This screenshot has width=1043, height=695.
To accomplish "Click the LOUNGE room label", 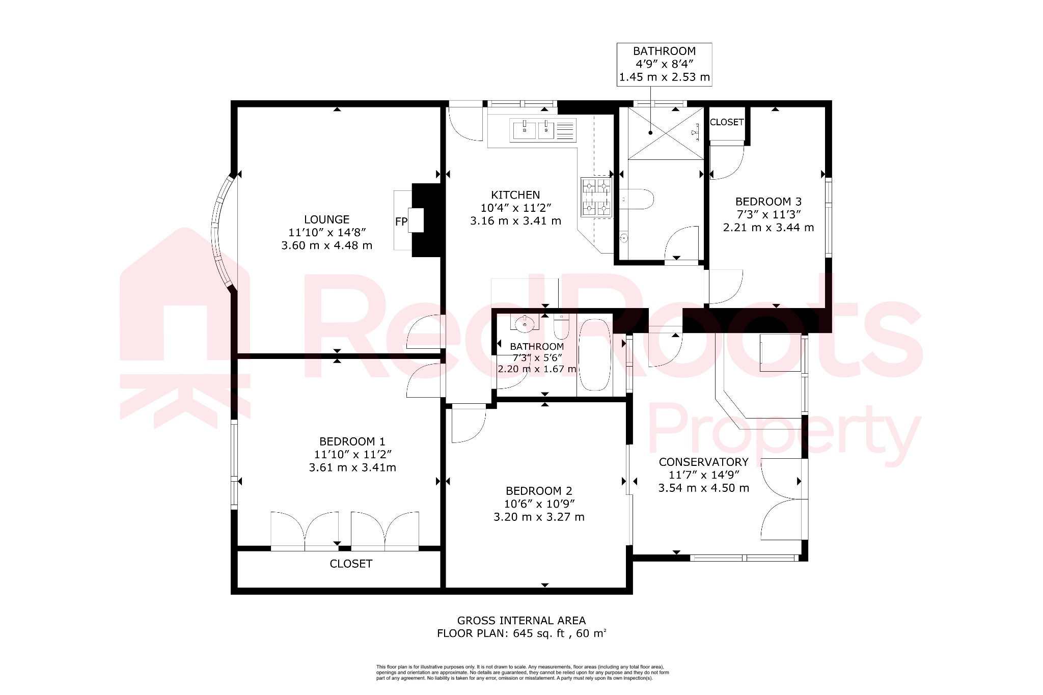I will click(x=326, y=219).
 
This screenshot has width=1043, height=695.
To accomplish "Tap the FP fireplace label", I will click(x=401, y=221).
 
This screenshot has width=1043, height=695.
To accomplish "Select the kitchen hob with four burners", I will click(x=596, y=197).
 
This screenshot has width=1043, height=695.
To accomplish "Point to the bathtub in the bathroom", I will click(x=594, y=354).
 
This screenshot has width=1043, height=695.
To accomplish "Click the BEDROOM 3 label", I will click(x=768, y=202).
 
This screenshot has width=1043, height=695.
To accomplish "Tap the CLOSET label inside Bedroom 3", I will click(x=726, y=122).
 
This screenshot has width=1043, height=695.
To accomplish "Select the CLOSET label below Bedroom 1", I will click(x=351, y=564).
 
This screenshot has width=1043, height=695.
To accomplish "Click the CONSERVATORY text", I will click(x=703, y=462).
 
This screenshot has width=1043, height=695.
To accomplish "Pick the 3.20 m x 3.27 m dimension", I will click(x=539, y=517).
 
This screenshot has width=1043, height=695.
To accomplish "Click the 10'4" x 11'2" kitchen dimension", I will click(x=515, y=208).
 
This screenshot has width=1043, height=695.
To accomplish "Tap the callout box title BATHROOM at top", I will click(x=664, y=51).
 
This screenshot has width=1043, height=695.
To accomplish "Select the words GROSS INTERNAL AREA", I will click(x=521, y=621).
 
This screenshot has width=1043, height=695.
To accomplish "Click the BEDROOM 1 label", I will click(x=352, y=441).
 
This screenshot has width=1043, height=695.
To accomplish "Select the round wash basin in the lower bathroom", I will click(x=525, y=323).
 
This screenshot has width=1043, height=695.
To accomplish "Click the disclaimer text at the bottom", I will click(x=522, y=673).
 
